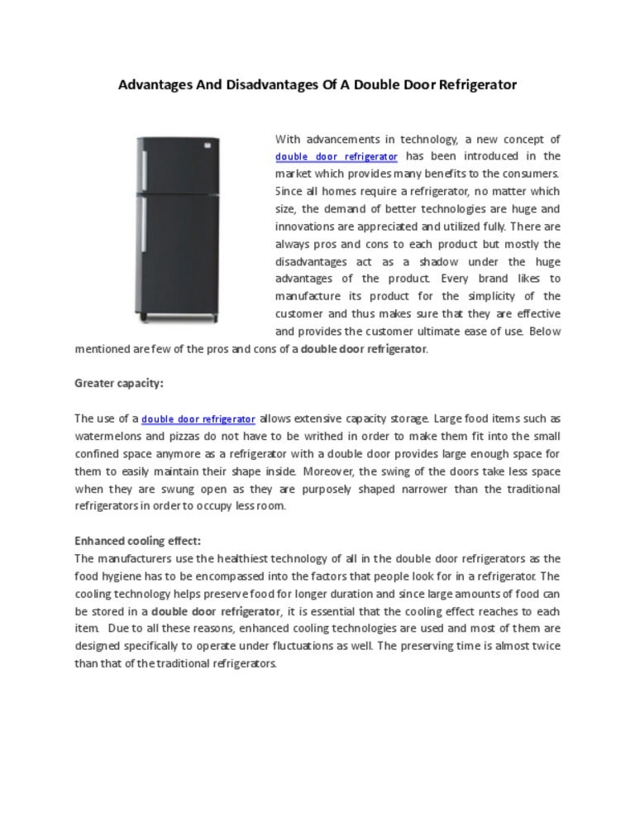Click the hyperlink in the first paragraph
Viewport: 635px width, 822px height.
pos(337,157)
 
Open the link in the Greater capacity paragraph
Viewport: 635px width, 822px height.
pos(198,419)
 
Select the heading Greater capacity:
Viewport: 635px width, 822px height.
pos(119,384)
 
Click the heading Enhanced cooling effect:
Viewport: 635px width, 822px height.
pos(137,541)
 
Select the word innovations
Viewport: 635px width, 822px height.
pos(303,227)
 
